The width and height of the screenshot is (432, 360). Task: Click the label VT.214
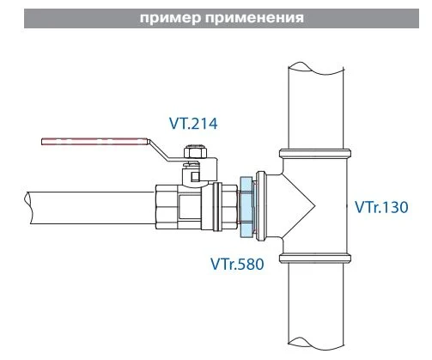click(193, 124)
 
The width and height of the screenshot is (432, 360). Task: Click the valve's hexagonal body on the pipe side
click(168, 207)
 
